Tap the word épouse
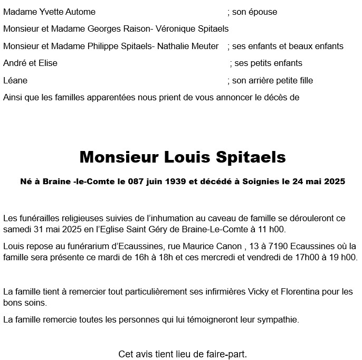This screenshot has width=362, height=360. [262, 12]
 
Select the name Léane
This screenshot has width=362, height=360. [15, 81]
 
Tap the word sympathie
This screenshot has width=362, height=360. [278, 319]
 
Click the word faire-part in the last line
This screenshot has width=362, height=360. [227, 353]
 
